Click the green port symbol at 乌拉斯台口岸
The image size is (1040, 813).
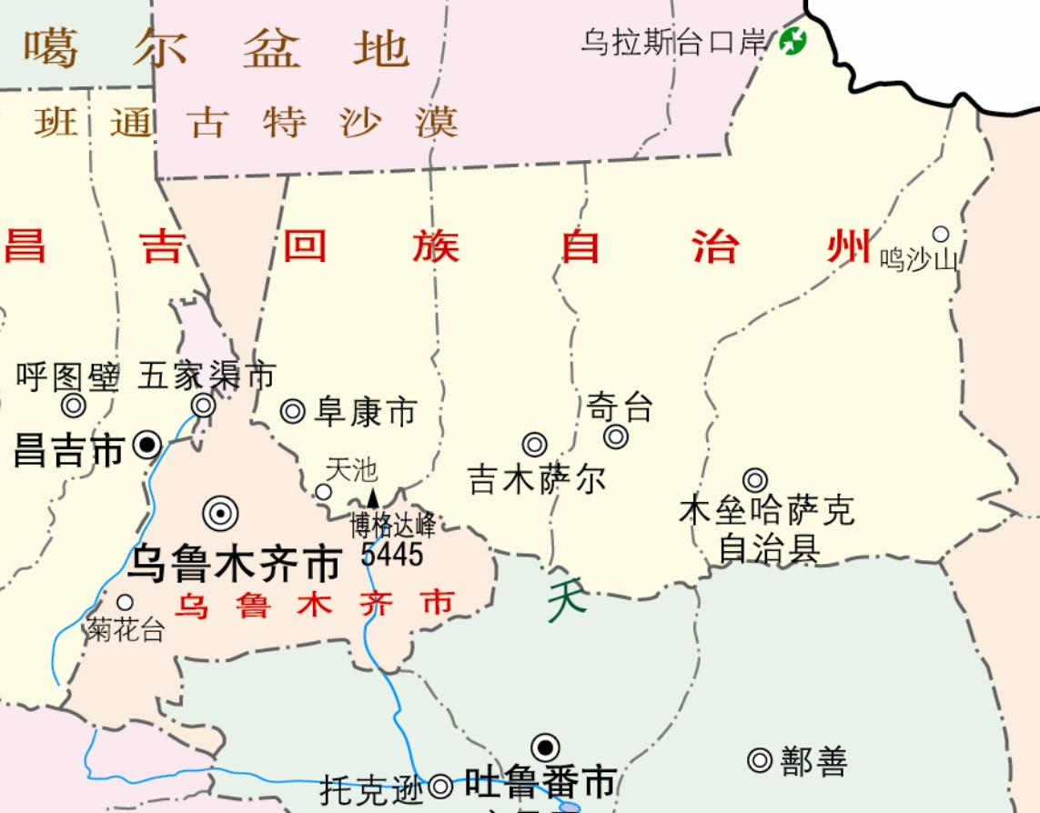(793, 40)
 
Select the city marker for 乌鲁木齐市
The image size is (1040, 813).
(220, 515)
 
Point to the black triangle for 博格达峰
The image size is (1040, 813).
(372, 497)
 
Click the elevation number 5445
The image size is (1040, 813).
(392, 553)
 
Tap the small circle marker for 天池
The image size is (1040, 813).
(323, 492)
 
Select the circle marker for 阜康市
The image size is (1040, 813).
(292, 412)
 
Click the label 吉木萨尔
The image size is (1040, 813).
(537, 479)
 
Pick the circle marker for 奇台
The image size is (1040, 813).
(616, 437)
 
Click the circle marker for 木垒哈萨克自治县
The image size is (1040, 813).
(754, 480)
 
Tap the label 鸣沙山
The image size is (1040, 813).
(918, 260)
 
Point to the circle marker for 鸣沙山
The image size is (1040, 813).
(941, 235)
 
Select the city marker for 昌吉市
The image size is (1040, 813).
(146, 446)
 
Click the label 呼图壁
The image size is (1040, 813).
(67, 376)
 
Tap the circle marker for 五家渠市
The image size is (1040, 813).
(204, 405)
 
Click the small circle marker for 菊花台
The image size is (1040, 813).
(125, 602)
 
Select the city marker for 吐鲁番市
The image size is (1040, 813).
(545, 748)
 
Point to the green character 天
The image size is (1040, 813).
(567, 601)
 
